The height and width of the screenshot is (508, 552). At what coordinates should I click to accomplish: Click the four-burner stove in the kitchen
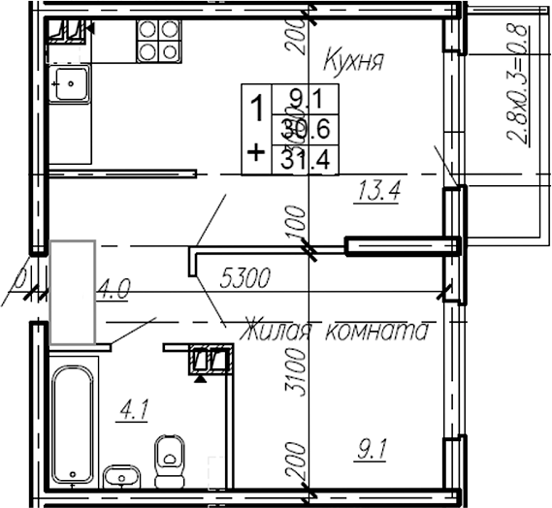158,40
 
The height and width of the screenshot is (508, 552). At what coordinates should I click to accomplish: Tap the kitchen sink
71,83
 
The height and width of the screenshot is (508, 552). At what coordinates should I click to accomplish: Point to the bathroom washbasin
123,475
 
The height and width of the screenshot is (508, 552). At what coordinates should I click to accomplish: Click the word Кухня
353,63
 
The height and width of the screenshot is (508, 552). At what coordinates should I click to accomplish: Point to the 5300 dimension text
244,279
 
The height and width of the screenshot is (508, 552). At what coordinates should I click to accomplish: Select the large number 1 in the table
257,109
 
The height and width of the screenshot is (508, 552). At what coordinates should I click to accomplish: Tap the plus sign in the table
256,152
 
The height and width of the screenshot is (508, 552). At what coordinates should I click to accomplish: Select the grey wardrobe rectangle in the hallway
73,292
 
